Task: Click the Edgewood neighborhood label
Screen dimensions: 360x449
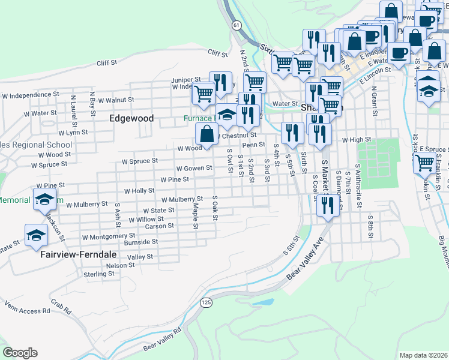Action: [x=131, y=119]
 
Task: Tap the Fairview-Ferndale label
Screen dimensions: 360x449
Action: [x=79, y=254]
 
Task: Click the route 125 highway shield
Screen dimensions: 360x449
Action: [x=206, y=301]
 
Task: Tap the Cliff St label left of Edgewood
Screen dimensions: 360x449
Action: [x=106, y=63]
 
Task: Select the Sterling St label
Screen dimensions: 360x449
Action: [x=99, y=274]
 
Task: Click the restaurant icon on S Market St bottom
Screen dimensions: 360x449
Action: [x=328, y=208]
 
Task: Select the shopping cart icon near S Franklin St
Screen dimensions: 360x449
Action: [x=424, y=162]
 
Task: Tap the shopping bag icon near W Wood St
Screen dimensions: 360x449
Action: [x=206, y=134]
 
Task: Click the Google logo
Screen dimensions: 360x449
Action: [x=20, y=353]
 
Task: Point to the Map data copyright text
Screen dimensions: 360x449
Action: [x=423, y=355]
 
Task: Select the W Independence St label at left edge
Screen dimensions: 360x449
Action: [x=30, y=95]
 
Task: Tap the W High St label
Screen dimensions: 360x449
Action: [x=357, y=140]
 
